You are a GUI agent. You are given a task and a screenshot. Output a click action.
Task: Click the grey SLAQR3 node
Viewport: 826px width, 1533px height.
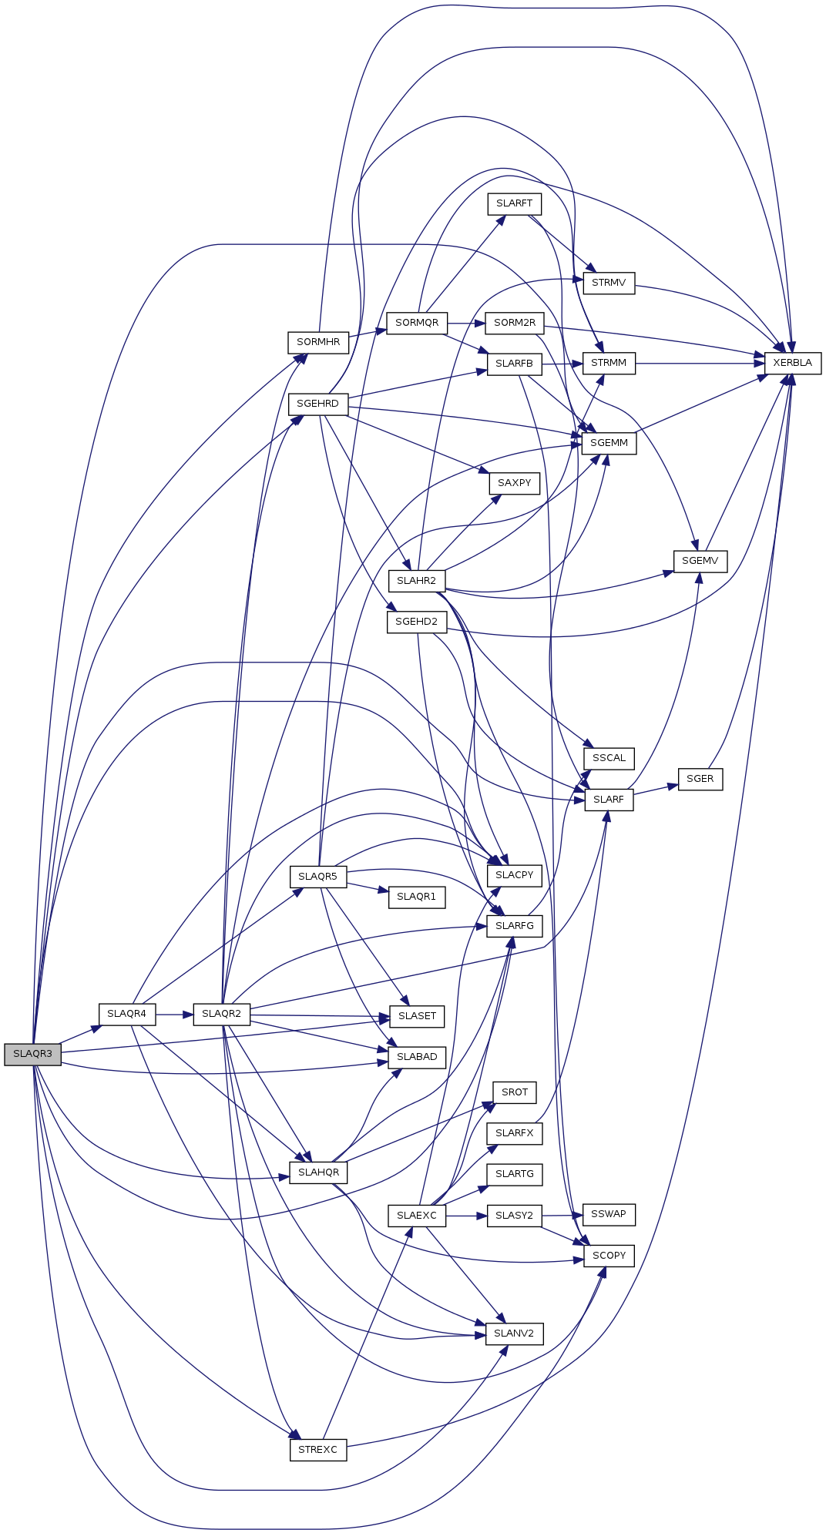32,1054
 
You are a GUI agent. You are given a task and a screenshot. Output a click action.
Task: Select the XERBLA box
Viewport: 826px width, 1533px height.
792,363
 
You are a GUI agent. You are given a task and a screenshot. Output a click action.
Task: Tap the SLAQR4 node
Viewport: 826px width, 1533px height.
126,1014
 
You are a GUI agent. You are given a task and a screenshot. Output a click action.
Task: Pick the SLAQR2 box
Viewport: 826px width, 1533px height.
221,1014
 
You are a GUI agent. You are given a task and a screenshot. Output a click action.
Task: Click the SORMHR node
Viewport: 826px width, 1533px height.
318,342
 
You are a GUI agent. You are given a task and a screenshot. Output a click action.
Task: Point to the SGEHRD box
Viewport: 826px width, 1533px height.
317,404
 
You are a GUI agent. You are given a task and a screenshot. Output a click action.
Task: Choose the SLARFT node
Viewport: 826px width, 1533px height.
514,203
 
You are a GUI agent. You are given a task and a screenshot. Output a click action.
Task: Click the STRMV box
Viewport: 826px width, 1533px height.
609,283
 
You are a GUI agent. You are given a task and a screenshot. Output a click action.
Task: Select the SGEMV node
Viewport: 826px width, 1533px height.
700,561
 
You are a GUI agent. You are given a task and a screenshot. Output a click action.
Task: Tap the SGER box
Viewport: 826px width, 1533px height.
700,779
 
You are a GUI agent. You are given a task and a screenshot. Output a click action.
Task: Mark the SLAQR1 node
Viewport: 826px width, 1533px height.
416,897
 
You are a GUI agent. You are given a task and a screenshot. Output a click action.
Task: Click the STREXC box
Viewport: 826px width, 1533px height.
317,1450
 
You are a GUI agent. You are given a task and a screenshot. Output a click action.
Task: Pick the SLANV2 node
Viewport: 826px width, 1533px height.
514,1333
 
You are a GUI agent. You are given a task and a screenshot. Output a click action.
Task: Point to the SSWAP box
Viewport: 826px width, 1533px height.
609,1214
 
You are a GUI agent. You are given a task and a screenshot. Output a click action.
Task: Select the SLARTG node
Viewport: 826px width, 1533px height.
514,1174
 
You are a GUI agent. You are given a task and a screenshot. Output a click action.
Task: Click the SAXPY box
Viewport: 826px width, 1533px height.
514,483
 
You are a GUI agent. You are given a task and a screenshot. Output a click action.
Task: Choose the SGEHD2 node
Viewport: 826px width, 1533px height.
416,622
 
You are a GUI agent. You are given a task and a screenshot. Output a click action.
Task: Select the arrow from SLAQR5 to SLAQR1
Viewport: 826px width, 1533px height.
368,887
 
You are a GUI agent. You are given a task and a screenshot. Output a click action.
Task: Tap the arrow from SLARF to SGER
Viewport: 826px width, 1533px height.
655,790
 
